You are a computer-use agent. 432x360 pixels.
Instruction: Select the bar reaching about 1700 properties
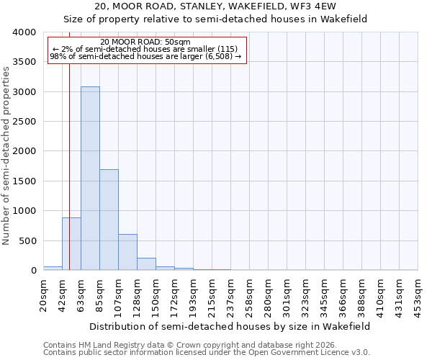click(x=109, y=220)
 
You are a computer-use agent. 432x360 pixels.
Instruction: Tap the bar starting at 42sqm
click(x=71, y=243)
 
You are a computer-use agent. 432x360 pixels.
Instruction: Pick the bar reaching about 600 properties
click(x=127, y=252)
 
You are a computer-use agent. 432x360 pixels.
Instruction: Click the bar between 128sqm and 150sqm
click(x=146, y=264)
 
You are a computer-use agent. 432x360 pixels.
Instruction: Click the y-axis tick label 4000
click(x=24, y=32)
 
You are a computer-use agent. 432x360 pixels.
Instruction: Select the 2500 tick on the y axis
click(x=24, y=122)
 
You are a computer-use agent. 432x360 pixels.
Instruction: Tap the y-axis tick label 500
click(x=27, y=240)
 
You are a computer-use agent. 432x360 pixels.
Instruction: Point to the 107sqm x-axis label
click(x=119, y=295)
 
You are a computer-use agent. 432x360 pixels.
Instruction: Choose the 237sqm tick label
click(x=231, y=295)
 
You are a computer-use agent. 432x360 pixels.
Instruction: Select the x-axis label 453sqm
click(x=418, y=295)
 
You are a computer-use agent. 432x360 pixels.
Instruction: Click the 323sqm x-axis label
click(x=306, y=295)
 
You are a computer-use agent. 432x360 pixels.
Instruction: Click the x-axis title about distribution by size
click(x=230, y=326)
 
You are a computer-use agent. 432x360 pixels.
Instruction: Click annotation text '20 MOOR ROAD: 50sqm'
click(x=146, y=42)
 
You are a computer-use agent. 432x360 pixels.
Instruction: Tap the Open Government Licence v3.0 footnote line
click(x=207, y=353)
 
